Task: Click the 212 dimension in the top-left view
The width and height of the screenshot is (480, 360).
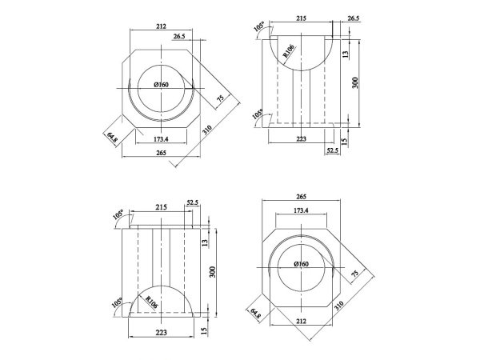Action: pyautogui.click(x=161, y=26)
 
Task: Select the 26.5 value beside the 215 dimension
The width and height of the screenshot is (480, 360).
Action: pyautogui.click(x=353, y=18)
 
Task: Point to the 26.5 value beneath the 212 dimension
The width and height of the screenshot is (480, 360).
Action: pyautogui.click(x=179, y=36)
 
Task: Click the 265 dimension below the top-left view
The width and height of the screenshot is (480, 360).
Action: pyautogui.click(x=161, y=153)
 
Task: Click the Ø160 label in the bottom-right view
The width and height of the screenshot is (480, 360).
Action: pyautogui.click(x=302, y=264)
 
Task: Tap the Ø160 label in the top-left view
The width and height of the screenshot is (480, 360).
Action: pyautogui.click(x=161, y=85)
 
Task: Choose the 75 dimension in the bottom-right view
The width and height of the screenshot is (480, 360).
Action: pyautogui.click(x=354, y=274)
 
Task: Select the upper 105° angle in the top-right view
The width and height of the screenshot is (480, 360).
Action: pyautogui.click(x=259, y=26)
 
